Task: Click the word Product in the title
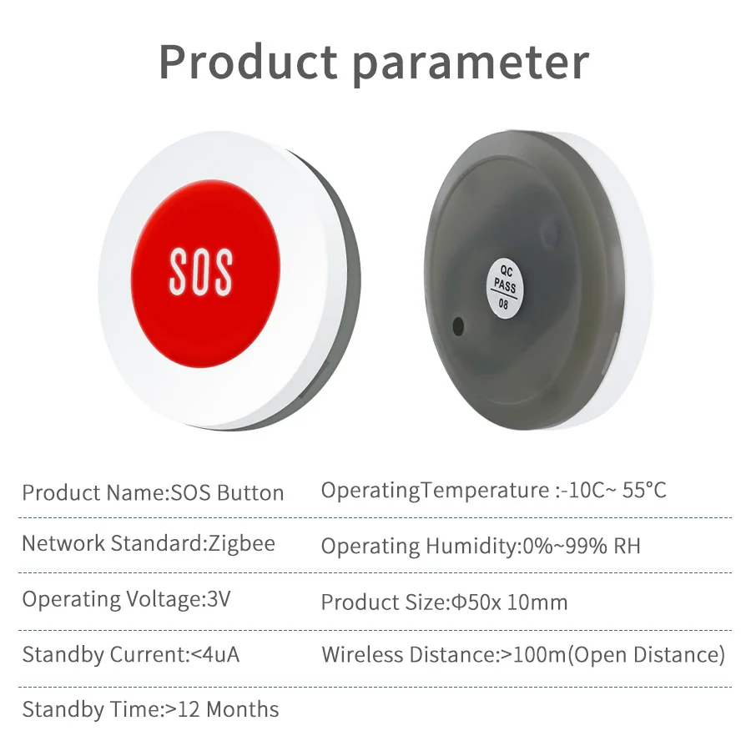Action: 248,62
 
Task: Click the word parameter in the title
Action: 471,64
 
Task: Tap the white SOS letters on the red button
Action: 201,271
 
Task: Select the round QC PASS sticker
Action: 505,287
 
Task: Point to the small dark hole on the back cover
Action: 458,326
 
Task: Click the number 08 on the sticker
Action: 503,304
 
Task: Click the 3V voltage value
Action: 219,598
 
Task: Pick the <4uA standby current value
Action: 215,655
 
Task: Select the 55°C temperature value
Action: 644,491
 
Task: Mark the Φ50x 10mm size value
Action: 510,602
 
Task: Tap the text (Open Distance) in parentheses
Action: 647,655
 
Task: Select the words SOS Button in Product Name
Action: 228,493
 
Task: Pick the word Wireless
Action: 362,655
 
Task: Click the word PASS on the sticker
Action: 506,286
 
